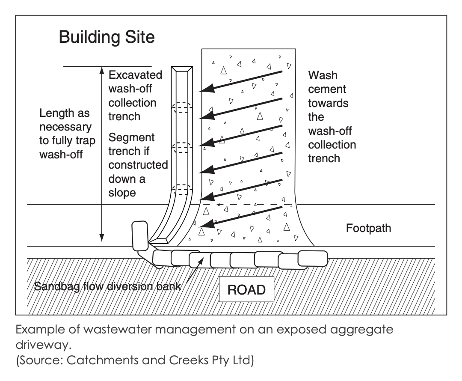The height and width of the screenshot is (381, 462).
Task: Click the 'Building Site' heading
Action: (107, 37)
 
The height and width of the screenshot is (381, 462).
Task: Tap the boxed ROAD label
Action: (246, 290)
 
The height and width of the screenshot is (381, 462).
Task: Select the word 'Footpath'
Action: (368, 228)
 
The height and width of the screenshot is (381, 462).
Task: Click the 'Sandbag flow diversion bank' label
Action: (107, 286)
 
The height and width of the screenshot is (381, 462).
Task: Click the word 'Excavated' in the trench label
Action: (135, 75)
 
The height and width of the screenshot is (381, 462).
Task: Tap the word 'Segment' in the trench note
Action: (132, 138)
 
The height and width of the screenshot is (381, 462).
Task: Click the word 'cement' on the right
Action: (327, 89)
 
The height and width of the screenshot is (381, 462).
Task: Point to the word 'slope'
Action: (122, 193)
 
